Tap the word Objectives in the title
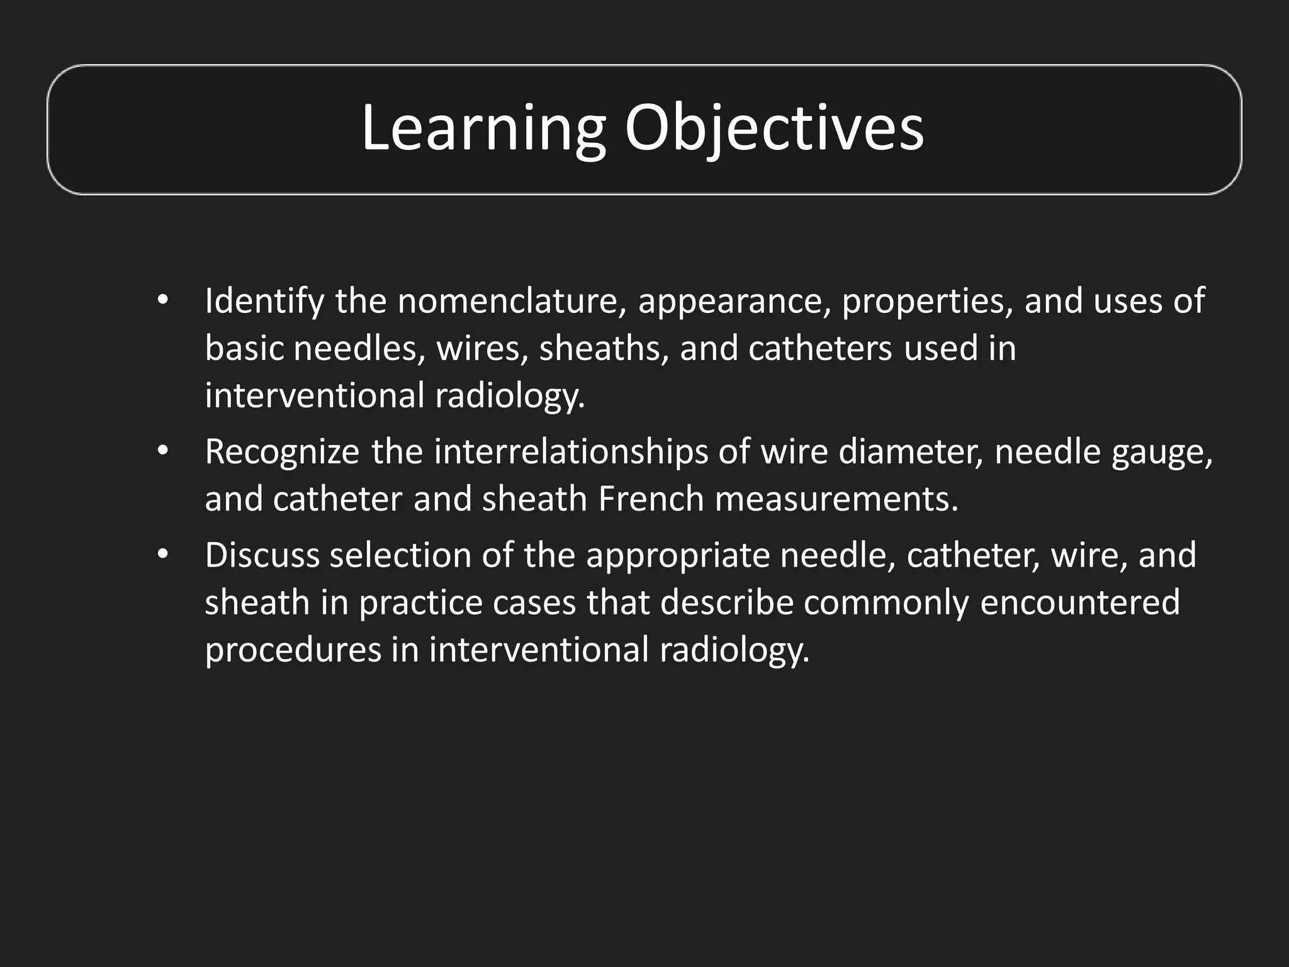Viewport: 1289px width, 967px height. coord(774,130)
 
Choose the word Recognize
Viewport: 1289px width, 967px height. coord(282,453)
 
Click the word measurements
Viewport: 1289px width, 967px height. coord(836,500)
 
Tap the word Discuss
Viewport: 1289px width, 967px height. coord(262,556)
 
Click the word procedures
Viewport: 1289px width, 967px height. coord(293,650)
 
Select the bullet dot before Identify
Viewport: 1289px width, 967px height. coord(163,302)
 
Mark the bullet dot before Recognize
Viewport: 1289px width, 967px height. coord(163,453)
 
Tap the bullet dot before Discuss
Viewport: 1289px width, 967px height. coord(163,556)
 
